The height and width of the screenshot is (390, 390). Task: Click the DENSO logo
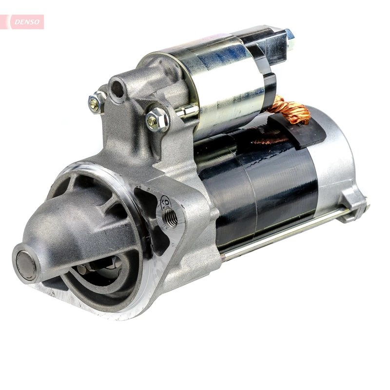point(25,21)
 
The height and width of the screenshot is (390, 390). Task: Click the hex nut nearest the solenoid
point(157,118)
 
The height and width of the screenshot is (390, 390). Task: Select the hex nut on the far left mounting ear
point(95,102)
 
